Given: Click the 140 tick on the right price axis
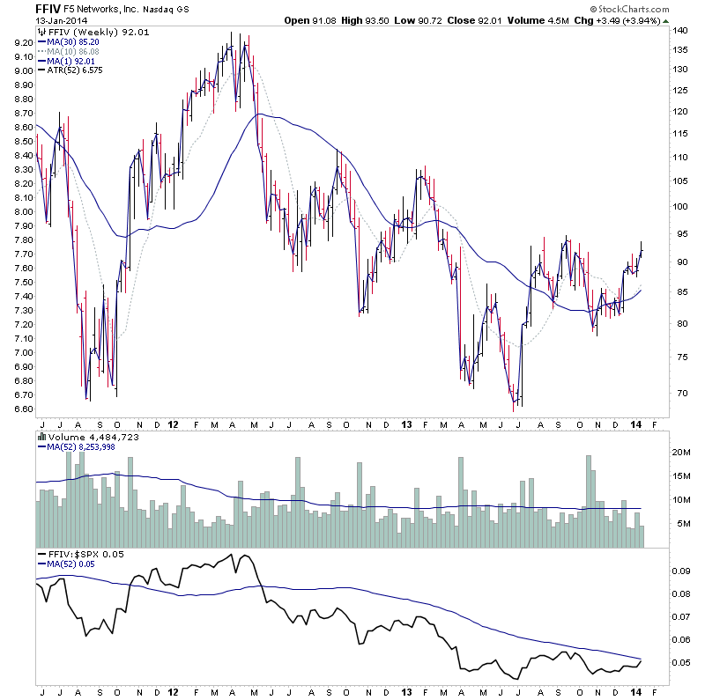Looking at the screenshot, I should pos(679,31).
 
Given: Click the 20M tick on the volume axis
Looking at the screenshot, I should pos(682,452).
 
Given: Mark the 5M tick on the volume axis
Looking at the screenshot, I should pos(679,524).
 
